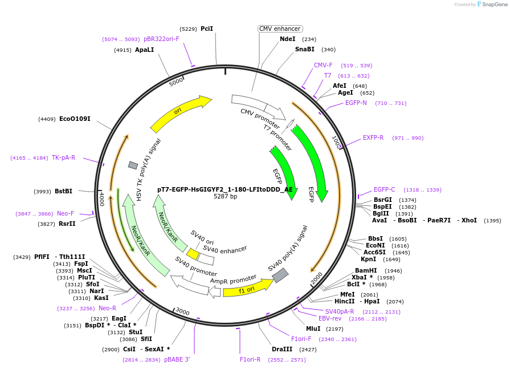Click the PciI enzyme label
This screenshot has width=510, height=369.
click(207, 29)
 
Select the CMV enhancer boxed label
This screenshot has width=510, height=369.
click(280, 29)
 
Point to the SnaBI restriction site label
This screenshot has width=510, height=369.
click(304, 50)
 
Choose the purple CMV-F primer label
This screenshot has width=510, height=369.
click(323, 66)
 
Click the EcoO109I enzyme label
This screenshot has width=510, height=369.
click(75, 119)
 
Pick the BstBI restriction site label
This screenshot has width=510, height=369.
click(64, 192)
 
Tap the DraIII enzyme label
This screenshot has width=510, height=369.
click(282, 349)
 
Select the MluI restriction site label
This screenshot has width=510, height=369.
click(313, 329)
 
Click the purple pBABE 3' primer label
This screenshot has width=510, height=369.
click(177, 360)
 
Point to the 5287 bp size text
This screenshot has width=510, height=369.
click(225, 197)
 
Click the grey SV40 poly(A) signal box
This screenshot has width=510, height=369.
click(280, 275)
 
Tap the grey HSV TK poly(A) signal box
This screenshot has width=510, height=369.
click(133, 165)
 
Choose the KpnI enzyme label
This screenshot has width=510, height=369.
click(369, 259)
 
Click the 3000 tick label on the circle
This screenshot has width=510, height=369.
click(182, 311)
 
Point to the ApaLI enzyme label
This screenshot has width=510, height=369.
click(144, 50)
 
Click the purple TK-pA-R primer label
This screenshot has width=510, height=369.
click(63, 158)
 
